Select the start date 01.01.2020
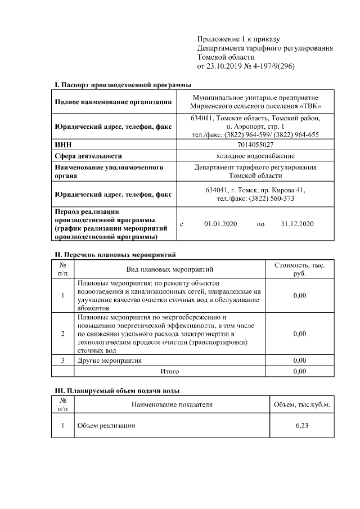click(221, 224)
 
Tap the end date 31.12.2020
click(297, 224)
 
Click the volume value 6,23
click(301, 425)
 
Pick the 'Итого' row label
click(170, 371)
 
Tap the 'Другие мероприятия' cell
click(110, 360)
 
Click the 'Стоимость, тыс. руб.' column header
click(299, 269)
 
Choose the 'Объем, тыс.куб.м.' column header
click(301, 404)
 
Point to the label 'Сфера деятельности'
click(88, 156)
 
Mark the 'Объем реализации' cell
click(106, 425)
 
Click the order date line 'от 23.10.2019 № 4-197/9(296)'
click(246, 66)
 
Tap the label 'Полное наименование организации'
click(113, 102)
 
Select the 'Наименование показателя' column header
click(172, 404)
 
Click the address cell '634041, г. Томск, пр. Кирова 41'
click(255, 190)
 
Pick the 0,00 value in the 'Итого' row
click(300, 371)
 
